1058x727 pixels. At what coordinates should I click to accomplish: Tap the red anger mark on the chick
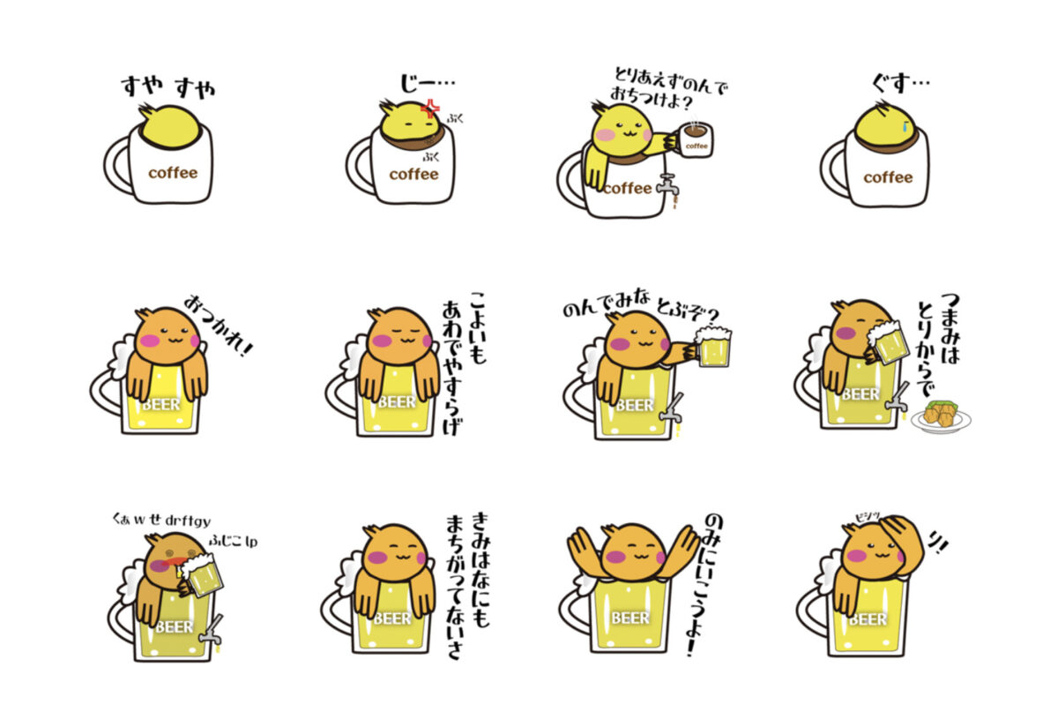431,109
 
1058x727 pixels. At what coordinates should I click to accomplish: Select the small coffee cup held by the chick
695,138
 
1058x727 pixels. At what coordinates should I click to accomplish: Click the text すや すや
168,86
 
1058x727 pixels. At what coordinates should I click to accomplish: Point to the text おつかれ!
218,325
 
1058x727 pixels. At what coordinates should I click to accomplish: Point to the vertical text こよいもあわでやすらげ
464,363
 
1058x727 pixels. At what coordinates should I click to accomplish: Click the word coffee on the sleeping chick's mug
173,173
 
